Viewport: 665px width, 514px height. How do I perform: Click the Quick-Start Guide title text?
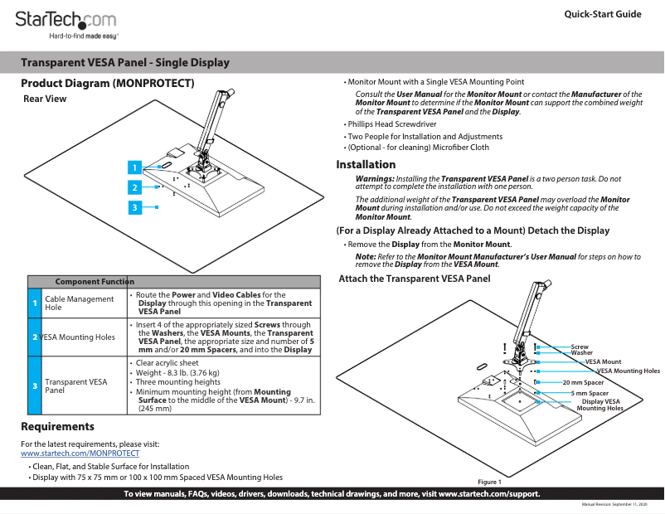(602, 15)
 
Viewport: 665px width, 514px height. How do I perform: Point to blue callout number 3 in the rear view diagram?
(134, 207)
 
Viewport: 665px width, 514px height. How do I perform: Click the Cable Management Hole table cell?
(79, 303)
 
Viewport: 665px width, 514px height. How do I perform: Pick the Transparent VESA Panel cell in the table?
(75, 385)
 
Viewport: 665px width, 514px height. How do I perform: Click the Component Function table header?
(95, 282)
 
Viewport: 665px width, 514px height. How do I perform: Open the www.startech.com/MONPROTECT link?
(80, 454)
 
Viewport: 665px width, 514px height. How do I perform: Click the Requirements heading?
(57, 426)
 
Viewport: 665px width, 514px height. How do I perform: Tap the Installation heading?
(366, 164)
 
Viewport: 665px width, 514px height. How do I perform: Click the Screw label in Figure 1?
(580, 347)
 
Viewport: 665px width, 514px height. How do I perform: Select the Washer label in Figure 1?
(582, 353)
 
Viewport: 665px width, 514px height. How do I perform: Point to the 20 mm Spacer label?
(583, 382)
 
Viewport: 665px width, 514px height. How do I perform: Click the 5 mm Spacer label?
(590, 392)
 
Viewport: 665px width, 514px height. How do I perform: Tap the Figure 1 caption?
(489, 482)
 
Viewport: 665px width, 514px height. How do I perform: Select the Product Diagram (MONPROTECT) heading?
(108, 84)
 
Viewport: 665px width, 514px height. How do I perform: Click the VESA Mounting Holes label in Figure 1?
(629, 371)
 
